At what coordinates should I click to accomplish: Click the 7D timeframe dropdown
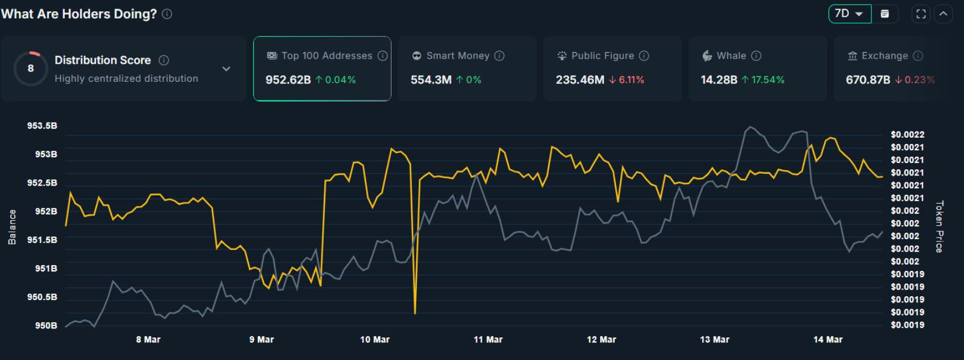(849, 14)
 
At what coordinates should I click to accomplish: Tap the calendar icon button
(885, 14)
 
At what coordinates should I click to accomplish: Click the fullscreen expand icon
(921, 14)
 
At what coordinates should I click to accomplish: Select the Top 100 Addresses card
(322, 69)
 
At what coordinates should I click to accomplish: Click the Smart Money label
(457, 56)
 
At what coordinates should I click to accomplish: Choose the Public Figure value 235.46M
(579, 80)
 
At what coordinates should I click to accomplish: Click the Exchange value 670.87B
(868, 80)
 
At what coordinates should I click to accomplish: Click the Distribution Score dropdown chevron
(226, 69)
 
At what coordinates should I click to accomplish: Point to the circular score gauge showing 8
(30, 69)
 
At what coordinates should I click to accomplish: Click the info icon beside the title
(167, 14)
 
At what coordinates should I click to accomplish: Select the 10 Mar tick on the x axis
(375, 340)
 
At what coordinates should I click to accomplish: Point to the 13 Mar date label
(714, 340)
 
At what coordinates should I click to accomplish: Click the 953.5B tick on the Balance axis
(42, 126)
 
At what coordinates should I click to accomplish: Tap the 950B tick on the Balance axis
(46, 326)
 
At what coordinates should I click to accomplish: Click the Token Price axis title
(939, 226)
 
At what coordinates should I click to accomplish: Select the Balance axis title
(12, 227)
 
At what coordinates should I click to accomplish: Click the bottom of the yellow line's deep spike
(415, 313)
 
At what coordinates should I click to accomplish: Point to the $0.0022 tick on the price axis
(907, 135)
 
